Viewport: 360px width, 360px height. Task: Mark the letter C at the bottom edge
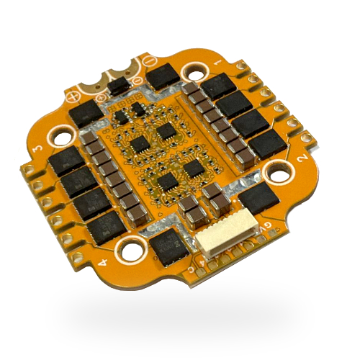tap(189, 269)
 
